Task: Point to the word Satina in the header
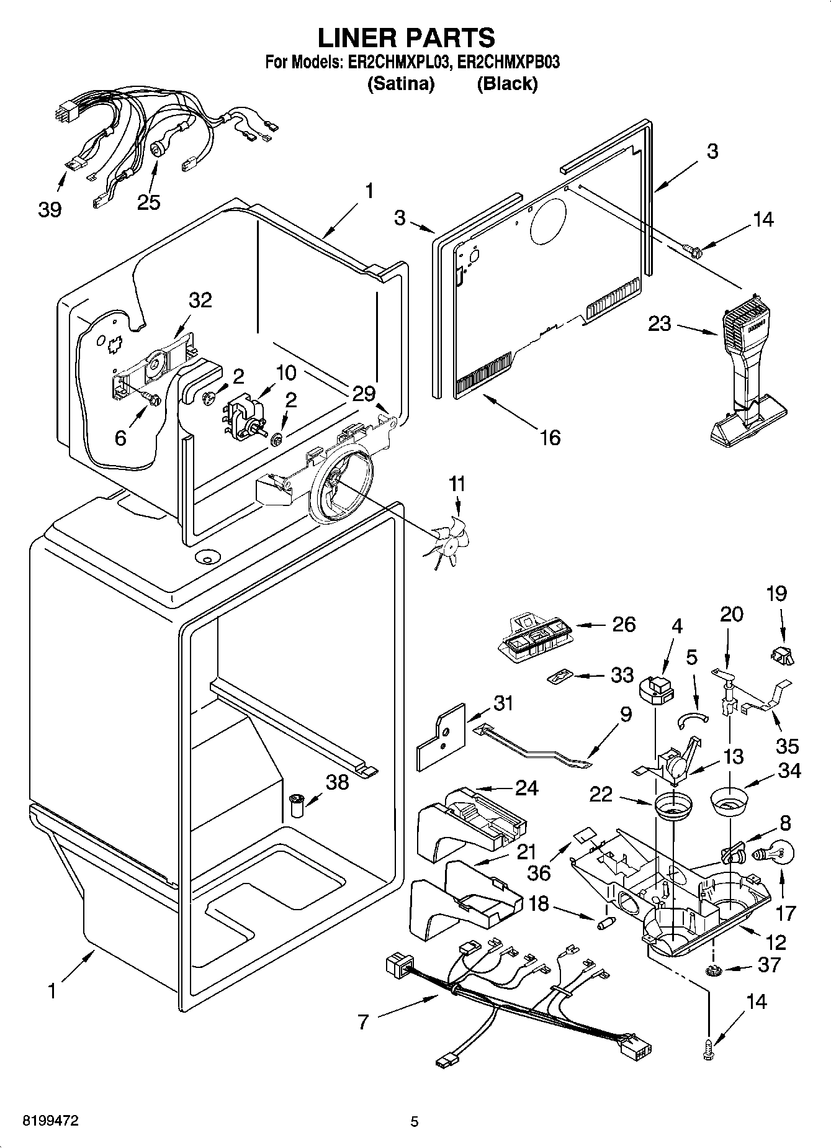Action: (401, 84)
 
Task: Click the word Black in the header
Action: (507, 84)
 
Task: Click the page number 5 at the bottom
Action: (415, 1121)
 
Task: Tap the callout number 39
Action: (50, 209)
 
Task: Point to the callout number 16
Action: (550, 437)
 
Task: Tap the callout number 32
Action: (200, 300)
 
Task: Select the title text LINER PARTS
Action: (407, 38)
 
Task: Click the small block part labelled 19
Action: (783, 654)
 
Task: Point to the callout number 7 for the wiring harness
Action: (364, 1022)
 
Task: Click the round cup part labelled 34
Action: (729, 801)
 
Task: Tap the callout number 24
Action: (526, 787)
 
